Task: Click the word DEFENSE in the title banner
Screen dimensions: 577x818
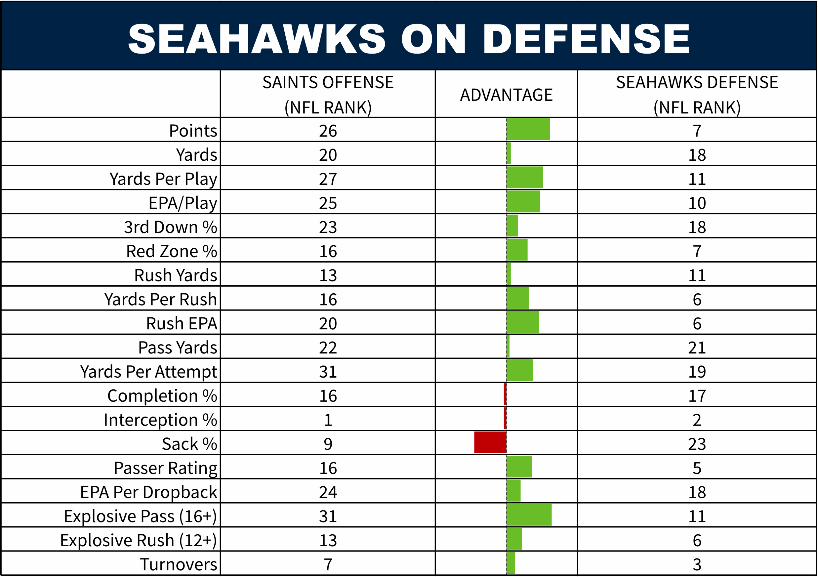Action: point(586,38)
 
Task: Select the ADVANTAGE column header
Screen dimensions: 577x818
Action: point(506,95)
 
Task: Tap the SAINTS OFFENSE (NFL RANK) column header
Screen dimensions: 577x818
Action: point(328,95)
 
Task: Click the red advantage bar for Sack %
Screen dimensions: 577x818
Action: point(490,443)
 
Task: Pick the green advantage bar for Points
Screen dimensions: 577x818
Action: point(528,129)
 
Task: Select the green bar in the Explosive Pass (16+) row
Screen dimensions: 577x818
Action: point(529,515)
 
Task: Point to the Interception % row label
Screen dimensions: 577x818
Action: point(160,420)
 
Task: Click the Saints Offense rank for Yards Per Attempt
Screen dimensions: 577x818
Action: point(328,372)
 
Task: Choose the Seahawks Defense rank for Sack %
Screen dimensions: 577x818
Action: point(697,444)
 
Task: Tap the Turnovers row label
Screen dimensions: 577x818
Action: point(179,565)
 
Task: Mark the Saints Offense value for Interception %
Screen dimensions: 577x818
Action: point(328,420)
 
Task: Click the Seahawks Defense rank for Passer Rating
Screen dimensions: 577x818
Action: point(697,468)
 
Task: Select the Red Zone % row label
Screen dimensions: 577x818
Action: point(171,251)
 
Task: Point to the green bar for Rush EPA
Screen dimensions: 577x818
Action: point(523,322)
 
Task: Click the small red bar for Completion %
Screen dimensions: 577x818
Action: point(505,394)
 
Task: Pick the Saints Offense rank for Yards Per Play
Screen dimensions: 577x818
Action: point(328,179)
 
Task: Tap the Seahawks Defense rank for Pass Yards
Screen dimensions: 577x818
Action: point(697,348)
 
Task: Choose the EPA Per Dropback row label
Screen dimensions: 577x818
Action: point(149,492)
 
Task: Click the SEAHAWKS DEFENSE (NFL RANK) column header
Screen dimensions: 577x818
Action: point(697,95)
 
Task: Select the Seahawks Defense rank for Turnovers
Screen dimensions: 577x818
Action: point(697,565)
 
